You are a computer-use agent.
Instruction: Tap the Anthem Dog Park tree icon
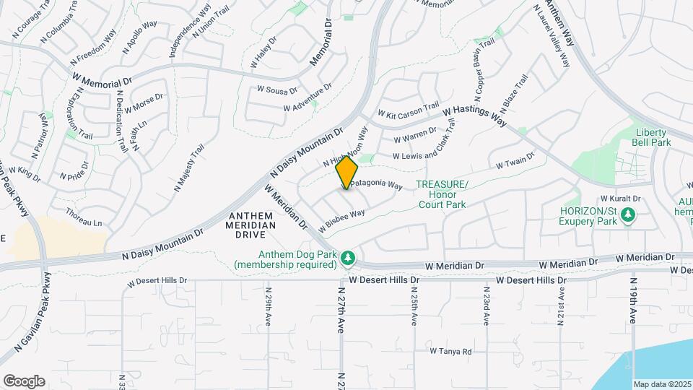348,257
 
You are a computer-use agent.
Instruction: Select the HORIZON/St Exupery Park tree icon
628,214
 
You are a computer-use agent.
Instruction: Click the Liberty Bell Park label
653,137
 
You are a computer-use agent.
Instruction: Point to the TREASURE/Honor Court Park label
442,194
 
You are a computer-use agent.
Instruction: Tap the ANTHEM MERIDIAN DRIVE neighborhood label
252,220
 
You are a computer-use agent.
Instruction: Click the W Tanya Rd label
450,352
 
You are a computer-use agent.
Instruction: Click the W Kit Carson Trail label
408,110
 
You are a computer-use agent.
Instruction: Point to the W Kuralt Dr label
622,199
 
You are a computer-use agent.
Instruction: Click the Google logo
24,381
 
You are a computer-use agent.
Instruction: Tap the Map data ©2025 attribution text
662,384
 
